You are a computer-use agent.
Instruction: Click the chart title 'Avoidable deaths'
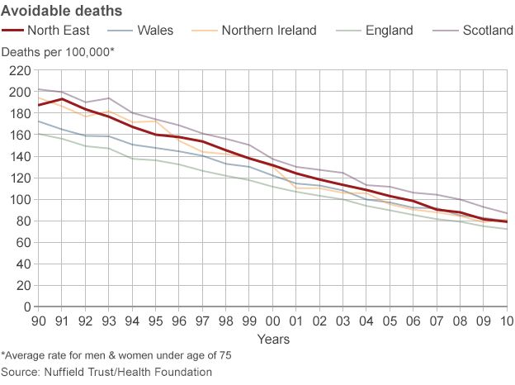[62, 11]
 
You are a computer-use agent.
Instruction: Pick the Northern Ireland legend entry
[269, 31]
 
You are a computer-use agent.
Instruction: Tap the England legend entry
[389, 31]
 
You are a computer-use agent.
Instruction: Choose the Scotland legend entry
[487, 31]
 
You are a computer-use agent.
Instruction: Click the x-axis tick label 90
[39, 320]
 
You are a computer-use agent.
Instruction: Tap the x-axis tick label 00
[272, 320]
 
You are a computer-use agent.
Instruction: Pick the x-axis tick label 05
[390, 320]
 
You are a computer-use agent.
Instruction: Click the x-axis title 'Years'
[272, 339]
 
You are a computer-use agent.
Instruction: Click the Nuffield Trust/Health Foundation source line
[106, 372]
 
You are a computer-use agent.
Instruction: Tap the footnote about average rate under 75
[116, 355]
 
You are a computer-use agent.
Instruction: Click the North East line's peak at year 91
[62, 99]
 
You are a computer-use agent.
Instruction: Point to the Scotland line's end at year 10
[506, 213]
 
